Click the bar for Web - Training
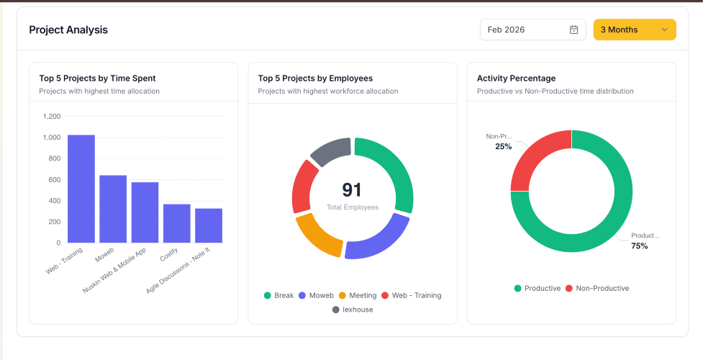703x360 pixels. click(x=81, y=189)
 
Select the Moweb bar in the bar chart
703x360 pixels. click(x=113, y=209)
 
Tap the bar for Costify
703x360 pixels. click(x=176, y=223)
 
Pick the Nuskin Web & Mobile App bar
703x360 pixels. click(x=145, y=212)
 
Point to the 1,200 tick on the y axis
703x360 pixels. click(x=52, y=116)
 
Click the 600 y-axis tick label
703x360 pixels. click(x=55, y=179)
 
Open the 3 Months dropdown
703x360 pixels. click(x=634, y=30)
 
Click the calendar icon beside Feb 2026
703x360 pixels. click(x=573, y=30)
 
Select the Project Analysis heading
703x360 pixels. click(x=68, y=30)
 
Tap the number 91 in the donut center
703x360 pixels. click(x=352, y=190)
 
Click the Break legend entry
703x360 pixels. click(x=279, y=295)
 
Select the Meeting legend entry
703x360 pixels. click(x=358, y=295)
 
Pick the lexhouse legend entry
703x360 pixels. click(x=353, y=310)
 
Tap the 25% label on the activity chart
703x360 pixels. click(x=503, y=146)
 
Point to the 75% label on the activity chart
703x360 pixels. click(x=640, y=246)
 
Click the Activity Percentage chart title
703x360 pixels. click(x=516, y=78)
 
